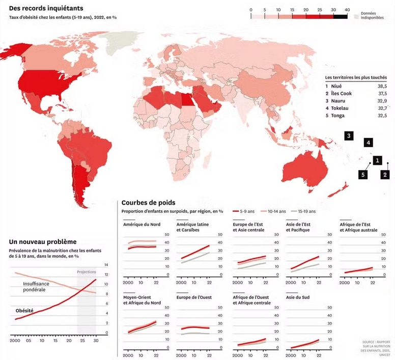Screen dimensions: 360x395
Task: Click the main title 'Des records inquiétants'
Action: point(46,9)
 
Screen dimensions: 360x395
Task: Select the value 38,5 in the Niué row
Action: point(381,86)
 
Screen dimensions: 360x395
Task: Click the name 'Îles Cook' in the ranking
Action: point(342,94)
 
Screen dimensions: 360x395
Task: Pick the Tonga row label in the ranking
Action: point(338,116)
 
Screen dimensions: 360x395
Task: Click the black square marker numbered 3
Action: point(349,135)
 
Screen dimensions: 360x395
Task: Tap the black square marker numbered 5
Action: point(363,174)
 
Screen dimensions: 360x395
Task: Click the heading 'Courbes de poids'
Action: point(148,203)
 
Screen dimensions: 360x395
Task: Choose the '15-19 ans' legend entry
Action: point(304,211)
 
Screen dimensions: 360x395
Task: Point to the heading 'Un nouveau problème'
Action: point(43,242)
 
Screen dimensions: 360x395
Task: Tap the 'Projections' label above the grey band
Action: point(86,272)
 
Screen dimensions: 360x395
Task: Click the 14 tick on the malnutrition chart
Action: point(106,265)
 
